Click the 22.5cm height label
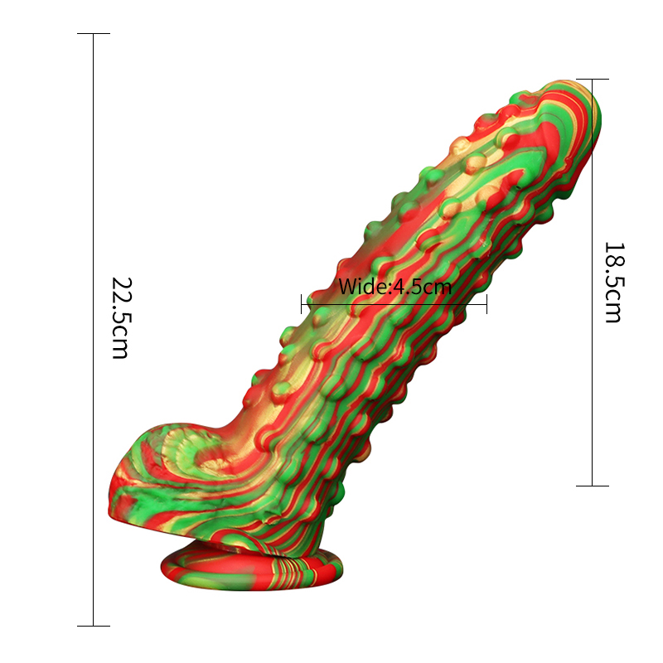click(120, 317)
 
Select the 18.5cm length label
click(612, 282)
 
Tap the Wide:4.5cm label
click(394, 288)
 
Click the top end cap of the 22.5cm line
click(94, 34)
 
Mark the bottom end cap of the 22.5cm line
click(94, 626)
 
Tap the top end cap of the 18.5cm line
click(593, 80)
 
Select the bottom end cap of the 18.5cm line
click(593, 486)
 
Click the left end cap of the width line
click(302, 303)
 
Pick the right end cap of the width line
click(486, 303)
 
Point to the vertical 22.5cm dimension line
click(94, 207)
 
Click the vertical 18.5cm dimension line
click(593, 373)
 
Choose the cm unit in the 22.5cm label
click(120, 343)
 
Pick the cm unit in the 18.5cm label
click(612, 307)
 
